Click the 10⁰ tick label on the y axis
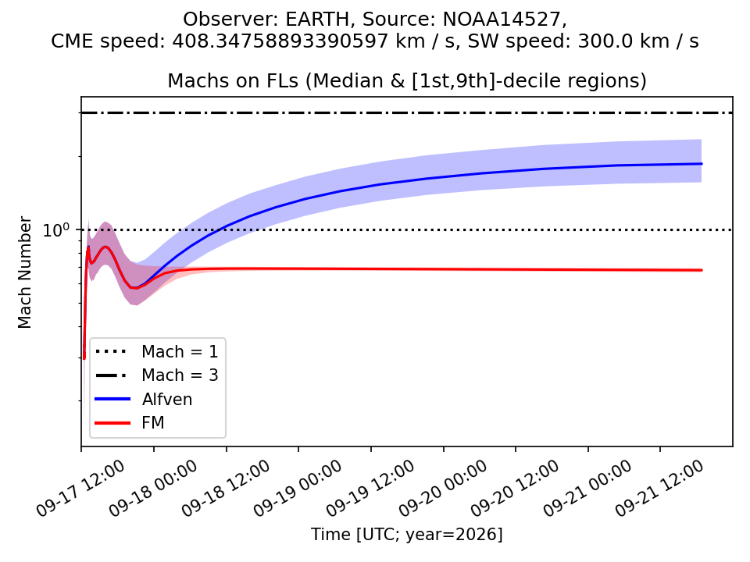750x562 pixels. click(56, 229)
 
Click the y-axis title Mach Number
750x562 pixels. click(24, 272)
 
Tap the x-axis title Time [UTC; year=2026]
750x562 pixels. click(406, 534)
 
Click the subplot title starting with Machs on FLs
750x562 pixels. click(406, 80)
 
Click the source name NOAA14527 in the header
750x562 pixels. click(502, 20)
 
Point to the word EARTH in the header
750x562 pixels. click(318, 20)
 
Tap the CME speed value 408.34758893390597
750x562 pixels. click(280, 41)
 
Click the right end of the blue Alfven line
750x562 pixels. click(702, 164)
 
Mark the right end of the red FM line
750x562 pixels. click(702, 271)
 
